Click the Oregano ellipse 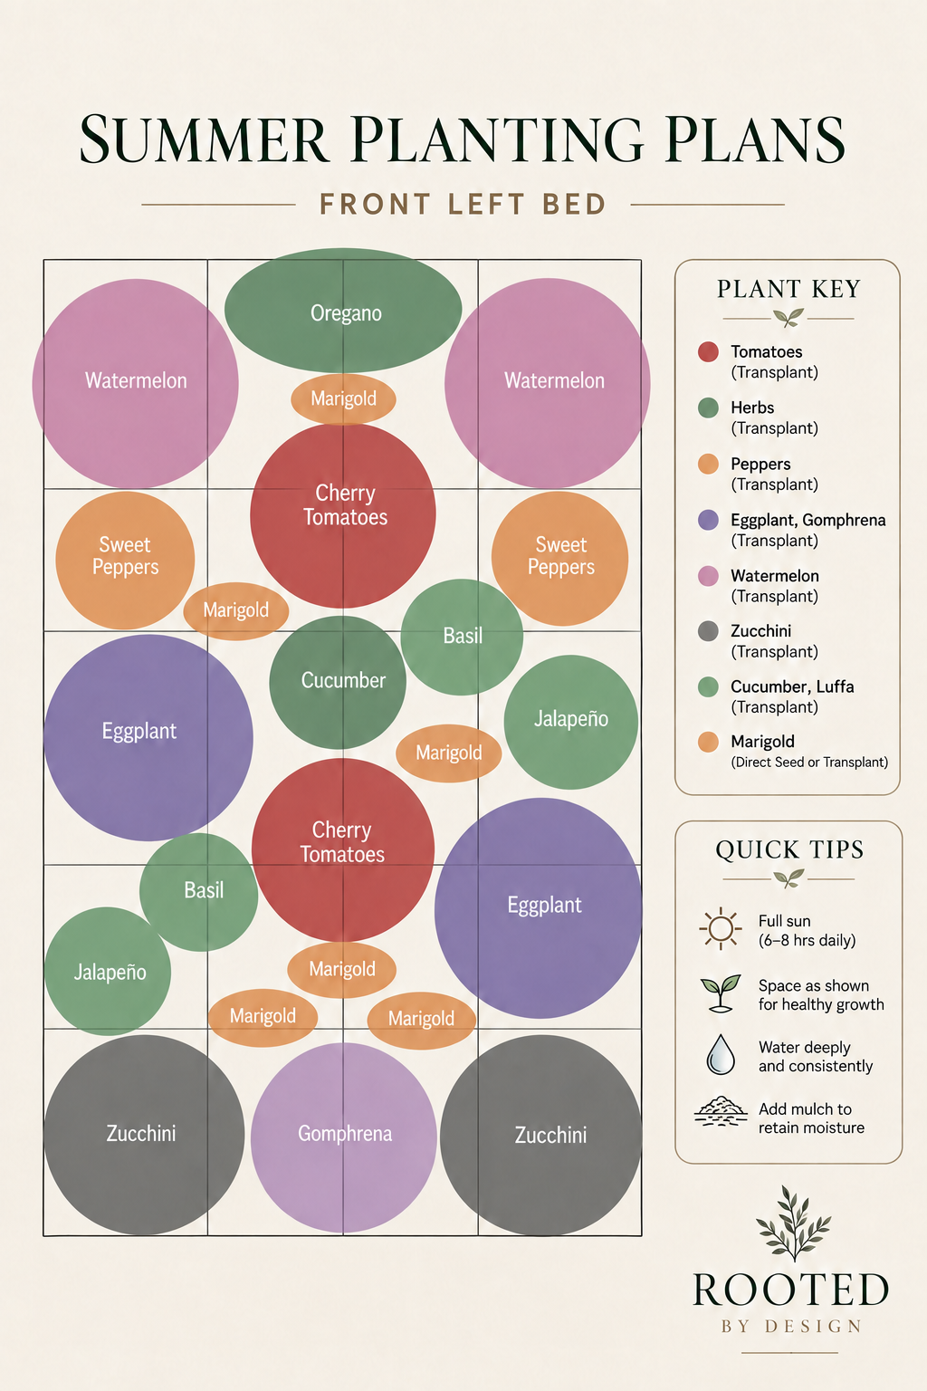pyautogui.click(x=343, y=310)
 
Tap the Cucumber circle pyautogui.click(x=338, y=682)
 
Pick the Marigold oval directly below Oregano pyautogui.click(x=343, y=398)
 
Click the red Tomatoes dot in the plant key pyautogui.click(x=708, y=351)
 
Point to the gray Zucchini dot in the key pyautogui.click(x=708, y=631)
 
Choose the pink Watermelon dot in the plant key pyautogui.click(x=708, y=576)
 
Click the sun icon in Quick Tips pyautogui.click(x=721, y=929)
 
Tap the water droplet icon pyautogui.click(x=721, y=1054)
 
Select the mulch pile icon pyautogui.click(x=721, y=1111)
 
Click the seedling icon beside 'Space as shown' pyautogui.click(x=721, y=993)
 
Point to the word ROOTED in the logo pyautogui.click(x=790, y=1290)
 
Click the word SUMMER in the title pyautogui.click(x=204, y=139)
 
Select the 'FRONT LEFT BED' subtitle pyautogui.click(x=463, y=205)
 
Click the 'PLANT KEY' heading pyautogui.click(x=788, y=289)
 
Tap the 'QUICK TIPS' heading pyautogui.click(x=789, y=849)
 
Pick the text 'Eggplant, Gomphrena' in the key pyautogui.click(x=808, y=520)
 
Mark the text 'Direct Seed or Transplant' pyautogui.click(x=809, y=762)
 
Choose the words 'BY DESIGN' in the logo pyautogui.click(x=791, y=1327)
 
